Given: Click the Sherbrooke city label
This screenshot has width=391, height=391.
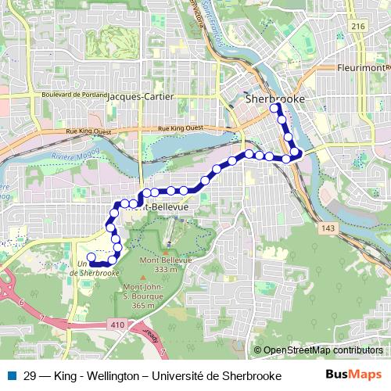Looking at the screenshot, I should point(274,100).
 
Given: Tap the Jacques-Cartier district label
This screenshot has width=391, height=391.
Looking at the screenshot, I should point(140,96).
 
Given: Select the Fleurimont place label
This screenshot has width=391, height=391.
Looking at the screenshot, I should point(361,68).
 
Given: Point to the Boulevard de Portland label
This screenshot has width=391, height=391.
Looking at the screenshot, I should point(71,95).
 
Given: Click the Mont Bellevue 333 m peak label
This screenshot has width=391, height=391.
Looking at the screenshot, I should point(160,264).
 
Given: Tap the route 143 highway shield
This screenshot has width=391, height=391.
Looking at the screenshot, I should point(328,228).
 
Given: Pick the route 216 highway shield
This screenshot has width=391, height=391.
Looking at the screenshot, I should point(359,26).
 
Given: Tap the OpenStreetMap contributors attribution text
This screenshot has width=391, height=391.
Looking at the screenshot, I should point(323,350).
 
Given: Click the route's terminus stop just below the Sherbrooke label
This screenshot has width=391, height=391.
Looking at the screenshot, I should point(275,110).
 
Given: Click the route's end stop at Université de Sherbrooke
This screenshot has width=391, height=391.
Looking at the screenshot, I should point(91,256).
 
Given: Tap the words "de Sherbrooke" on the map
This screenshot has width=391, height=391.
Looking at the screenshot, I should point(93,273).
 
